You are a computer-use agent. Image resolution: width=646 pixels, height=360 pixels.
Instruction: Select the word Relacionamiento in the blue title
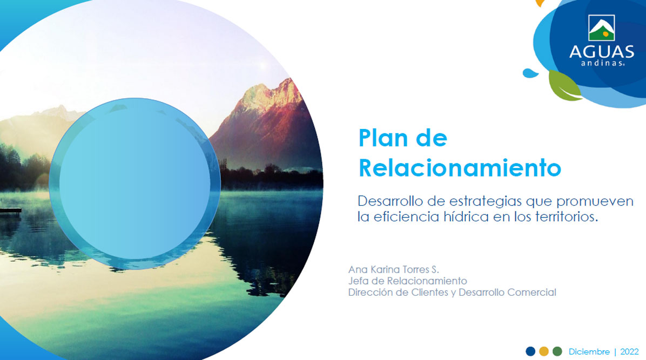(460, 168)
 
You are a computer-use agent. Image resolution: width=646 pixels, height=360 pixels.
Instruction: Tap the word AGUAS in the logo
(602, 51)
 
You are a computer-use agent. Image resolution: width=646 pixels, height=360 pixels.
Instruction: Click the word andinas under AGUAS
(602, 63)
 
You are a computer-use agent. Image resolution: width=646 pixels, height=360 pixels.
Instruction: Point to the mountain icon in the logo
(602, 28)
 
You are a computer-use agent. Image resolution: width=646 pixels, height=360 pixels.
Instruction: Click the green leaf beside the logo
(564, 86)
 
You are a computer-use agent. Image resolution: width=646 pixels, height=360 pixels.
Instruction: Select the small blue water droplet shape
(530, 73)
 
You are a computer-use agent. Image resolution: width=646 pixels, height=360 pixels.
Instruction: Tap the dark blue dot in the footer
(530, 351)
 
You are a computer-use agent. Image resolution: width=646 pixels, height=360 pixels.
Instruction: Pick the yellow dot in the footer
(544, 351)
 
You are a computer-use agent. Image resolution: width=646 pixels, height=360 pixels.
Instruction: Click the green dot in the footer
(557, 351)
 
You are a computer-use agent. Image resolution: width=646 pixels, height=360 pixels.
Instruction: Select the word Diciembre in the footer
(589, 352)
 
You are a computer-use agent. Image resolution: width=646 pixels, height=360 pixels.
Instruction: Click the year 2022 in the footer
(629, 352)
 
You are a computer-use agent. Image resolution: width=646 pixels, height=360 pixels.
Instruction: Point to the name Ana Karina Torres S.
(394, 269)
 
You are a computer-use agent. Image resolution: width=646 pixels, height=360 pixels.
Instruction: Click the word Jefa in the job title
(357, 281)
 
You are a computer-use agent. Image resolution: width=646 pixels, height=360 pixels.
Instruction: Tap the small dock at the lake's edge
(10, 211)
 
